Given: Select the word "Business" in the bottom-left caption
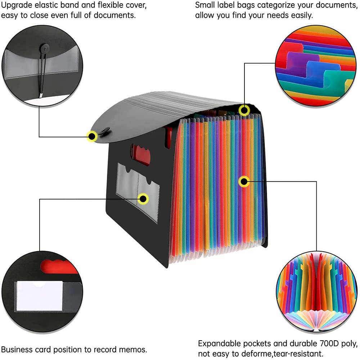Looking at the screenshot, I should point(15,350).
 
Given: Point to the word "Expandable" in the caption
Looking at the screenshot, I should point(220,343).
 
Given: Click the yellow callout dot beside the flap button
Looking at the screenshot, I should point(92,136).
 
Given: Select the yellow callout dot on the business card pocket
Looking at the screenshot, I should point(144,198).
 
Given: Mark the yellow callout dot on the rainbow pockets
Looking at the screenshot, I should point(244,181).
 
